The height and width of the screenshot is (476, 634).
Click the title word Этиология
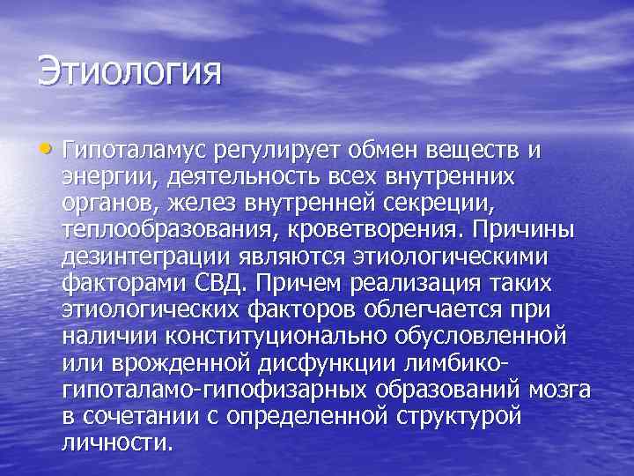[129, 71]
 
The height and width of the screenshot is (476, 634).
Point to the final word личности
[117, 442]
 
